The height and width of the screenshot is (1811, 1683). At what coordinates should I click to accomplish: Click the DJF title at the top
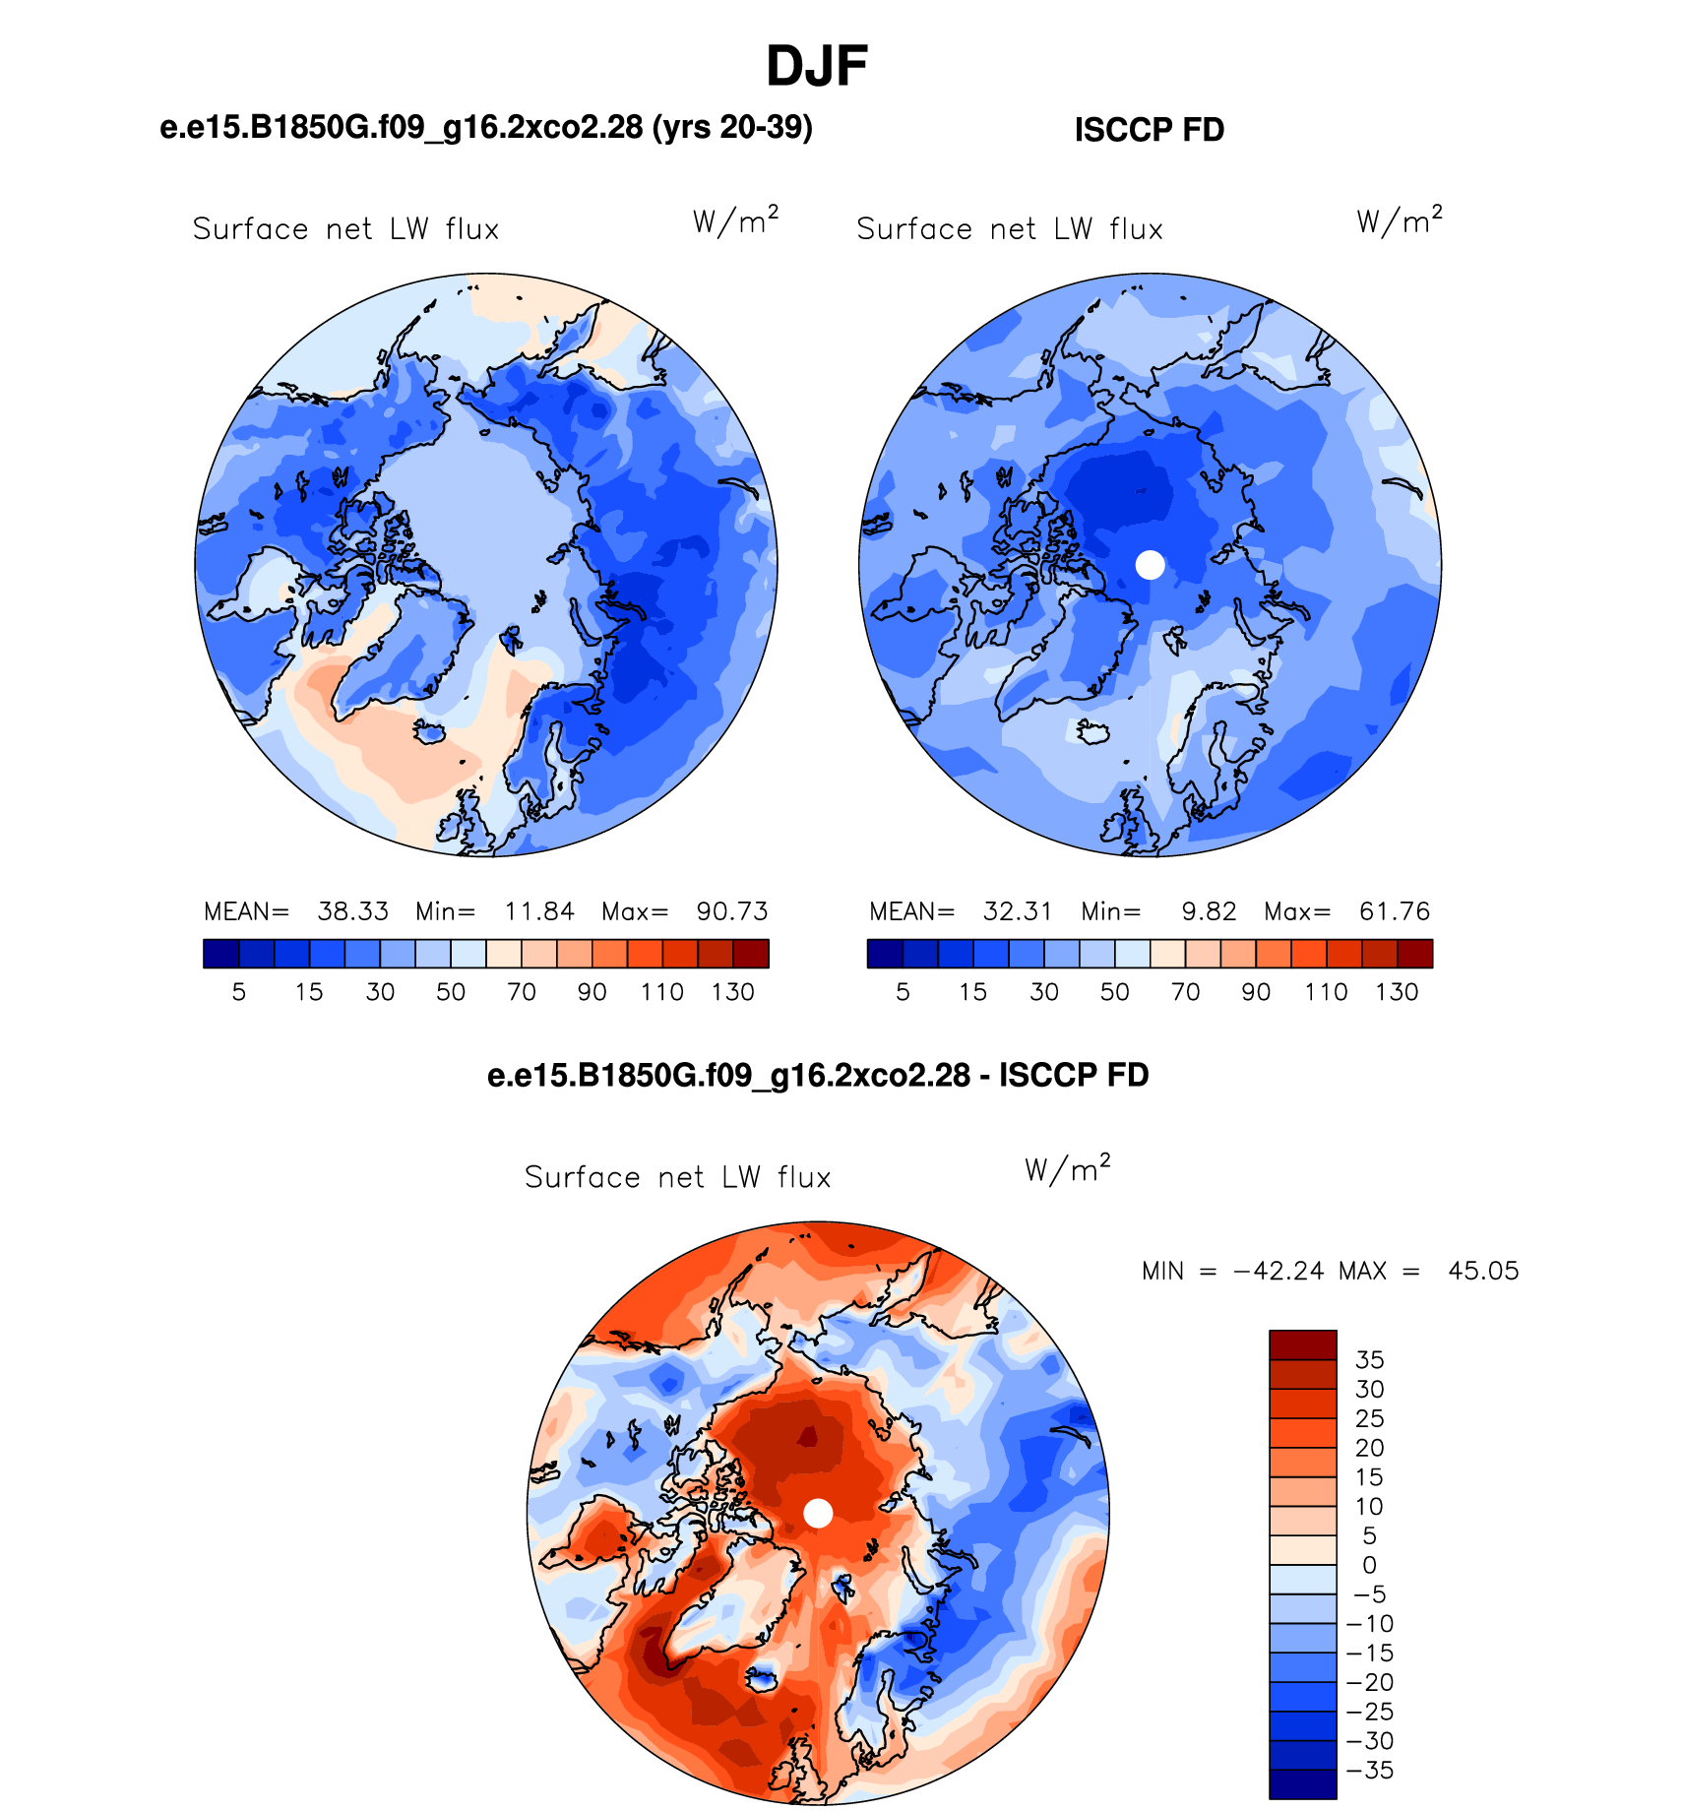[816, 66]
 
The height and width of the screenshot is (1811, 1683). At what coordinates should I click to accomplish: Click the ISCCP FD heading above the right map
[1149, 130]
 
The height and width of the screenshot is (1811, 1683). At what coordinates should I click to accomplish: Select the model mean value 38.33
[352, 911]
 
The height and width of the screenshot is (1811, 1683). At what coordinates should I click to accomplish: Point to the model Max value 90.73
[732, 911]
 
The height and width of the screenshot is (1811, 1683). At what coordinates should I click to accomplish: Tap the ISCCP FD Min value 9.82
[1209, 911]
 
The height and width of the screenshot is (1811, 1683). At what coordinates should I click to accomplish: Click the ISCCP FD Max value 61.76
[1395, 911]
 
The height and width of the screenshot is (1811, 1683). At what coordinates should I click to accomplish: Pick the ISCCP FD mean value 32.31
[1018, 911]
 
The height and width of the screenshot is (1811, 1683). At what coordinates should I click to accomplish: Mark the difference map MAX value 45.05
[1483, 1271]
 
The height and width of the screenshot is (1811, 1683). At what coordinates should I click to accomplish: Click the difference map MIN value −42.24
[1278, 1271]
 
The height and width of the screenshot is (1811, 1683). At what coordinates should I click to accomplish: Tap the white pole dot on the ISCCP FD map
[1150, 565]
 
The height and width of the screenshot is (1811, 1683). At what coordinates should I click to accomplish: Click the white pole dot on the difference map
[818, 1513]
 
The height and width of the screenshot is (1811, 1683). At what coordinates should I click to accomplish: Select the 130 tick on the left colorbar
[732, 992]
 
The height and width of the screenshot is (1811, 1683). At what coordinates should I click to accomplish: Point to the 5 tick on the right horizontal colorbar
[903, 992]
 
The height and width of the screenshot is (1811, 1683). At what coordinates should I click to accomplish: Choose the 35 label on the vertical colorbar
[1369, 1360]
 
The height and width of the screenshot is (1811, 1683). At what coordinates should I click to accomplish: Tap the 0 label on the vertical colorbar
[1369, 1565]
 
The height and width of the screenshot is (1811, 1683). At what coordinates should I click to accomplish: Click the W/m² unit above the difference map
[1067, 1168]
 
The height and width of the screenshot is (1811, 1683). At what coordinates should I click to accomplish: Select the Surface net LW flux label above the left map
[345, 229]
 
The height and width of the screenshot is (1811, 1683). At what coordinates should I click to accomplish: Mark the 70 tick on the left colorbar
[521, 992]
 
